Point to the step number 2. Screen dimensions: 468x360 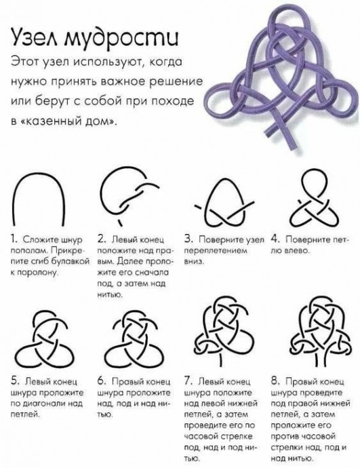[x=100, y=239]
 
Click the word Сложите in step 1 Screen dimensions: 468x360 [x=37, y=240]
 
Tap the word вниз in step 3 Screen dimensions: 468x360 [x=194, y=260]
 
